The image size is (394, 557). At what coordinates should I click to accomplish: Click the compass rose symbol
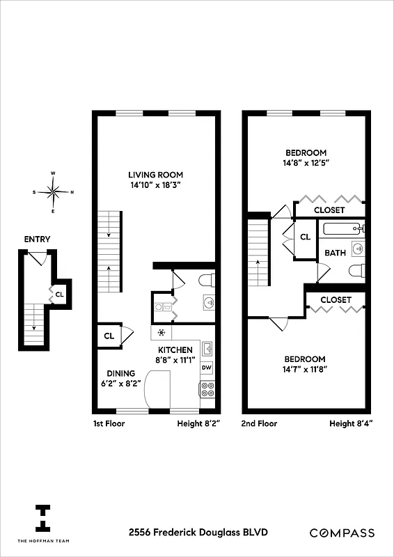pos(54,191)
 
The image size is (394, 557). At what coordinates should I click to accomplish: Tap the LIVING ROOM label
pos(155,175)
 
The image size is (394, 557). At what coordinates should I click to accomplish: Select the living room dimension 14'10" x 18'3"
pos(155,186)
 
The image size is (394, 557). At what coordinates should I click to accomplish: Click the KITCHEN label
pos(175,350)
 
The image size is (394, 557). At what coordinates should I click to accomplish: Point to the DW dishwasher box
pos(207,368)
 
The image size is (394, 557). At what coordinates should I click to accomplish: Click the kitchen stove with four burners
pos(207,389)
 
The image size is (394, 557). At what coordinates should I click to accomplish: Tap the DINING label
pos(121,372)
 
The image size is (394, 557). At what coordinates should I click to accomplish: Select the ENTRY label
pos(37,240)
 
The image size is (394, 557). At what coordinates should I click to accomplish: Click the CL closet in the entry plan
pos(60,293)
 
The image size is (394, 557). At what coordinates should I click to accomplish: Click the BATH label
pos(335,253)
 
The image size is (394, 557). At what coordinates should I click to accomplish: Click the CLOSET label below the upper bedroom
pos(329,210)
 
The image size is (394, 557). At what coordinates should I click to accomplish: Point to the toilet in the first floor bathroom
pos(205,280)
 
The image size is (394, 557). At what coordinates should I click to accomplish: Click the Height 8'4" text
pos(351,423)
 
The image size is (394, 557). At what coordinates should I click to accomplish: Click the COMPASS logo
pos(342,533)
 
